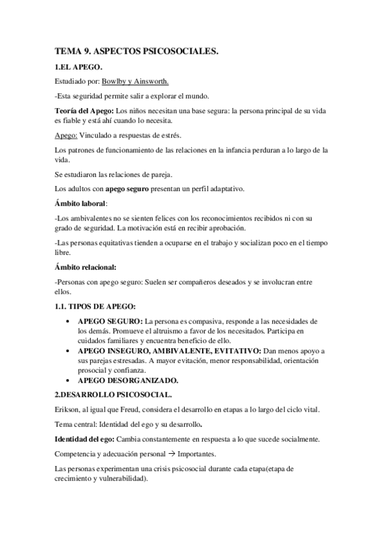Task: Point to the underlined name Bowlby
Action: pos(114,82)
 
